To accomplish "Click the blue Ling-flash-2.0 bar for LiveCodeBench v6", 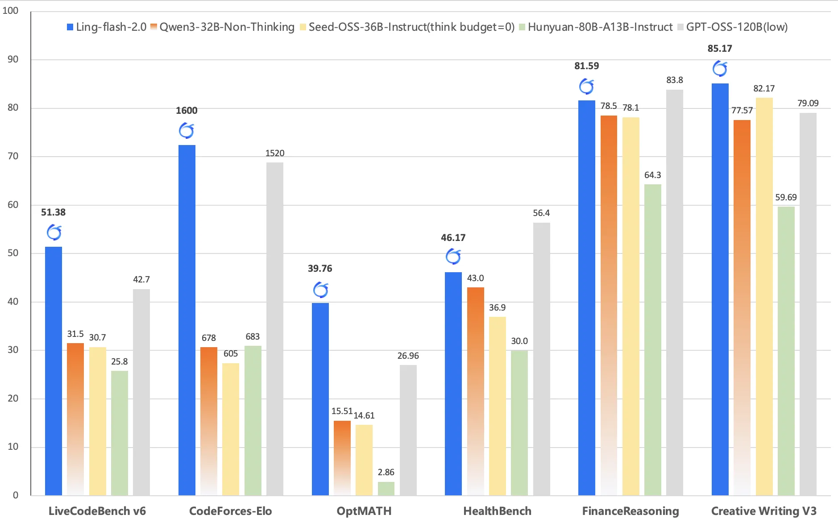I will pos(54,370).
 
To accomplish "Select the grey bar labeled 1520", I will pos(275,328).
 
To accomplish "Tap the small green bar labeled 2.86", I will pos(386,489).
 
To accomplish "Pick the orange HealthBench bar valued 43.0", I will pos(475,391).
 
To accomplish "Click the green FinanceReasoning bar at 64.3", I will pos(652,339).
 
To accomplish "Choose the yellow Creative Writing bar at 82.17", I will pos(764,296).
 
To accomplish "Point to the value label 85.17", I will pos(720,49).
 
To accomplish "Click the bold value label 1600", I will pos(187,111).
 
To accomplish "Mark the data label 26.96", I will pos(408,356).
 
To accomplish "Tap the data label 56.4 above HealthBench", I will pos(541,213).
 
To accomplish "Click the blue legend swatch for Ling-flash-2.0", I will pos(70,27).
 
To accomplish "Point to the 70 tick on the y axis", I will pos(13,156).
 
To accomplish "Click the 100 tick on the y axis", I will pos(11,11).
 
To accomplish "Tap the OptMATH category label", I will pos(364,511).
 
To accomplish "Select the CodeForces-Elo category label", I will pos(230,511).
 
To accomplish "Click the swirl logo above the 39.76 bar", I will pos(320,290).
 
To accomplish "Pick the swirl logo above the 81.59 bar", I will pos(586,87).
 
